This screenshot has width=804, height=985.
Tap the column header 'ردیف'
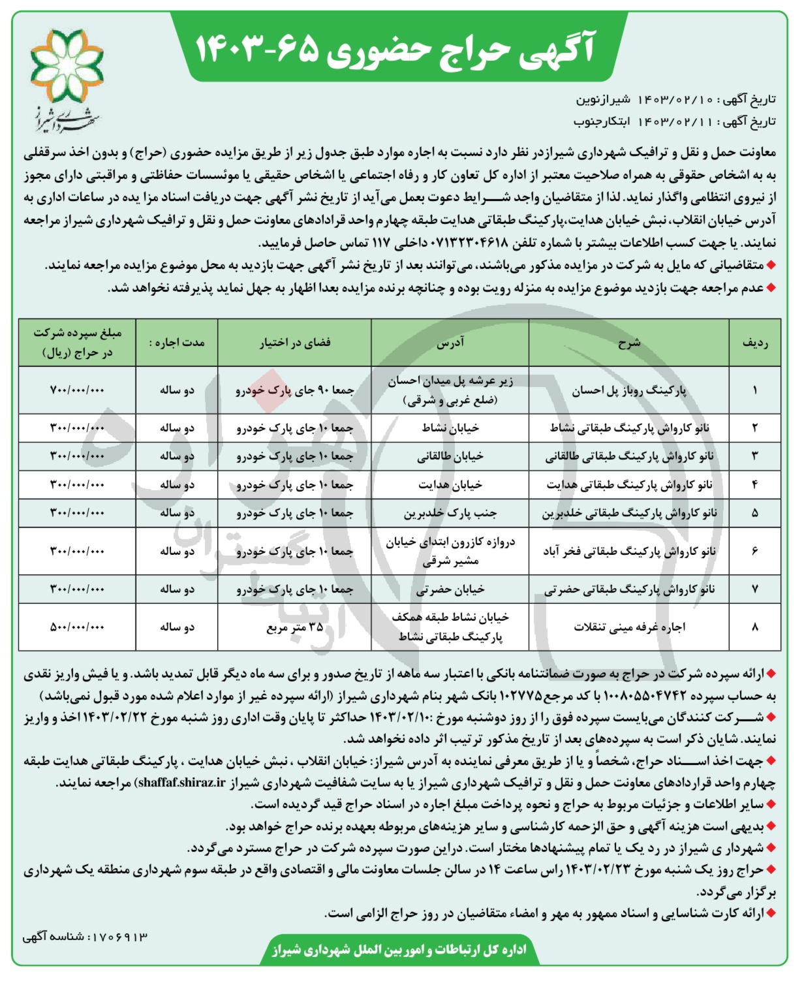pos(754,343)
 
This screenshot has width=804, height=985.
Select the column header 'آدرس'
pos(450,343)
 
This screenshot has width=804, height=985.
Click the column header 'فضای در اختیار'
pos(295,343)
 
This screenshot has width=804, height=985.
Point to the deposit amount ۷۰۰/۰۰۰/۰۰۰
pos(77,390)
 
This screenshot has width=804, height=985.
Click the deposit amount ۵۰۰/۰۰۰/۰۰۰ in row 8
pos(77,627)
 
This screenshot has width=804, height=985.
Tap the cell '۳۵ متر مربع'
pos(295,627)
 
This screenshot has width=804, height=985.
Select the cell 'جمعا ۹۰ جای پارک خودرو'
pos(295,390)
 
